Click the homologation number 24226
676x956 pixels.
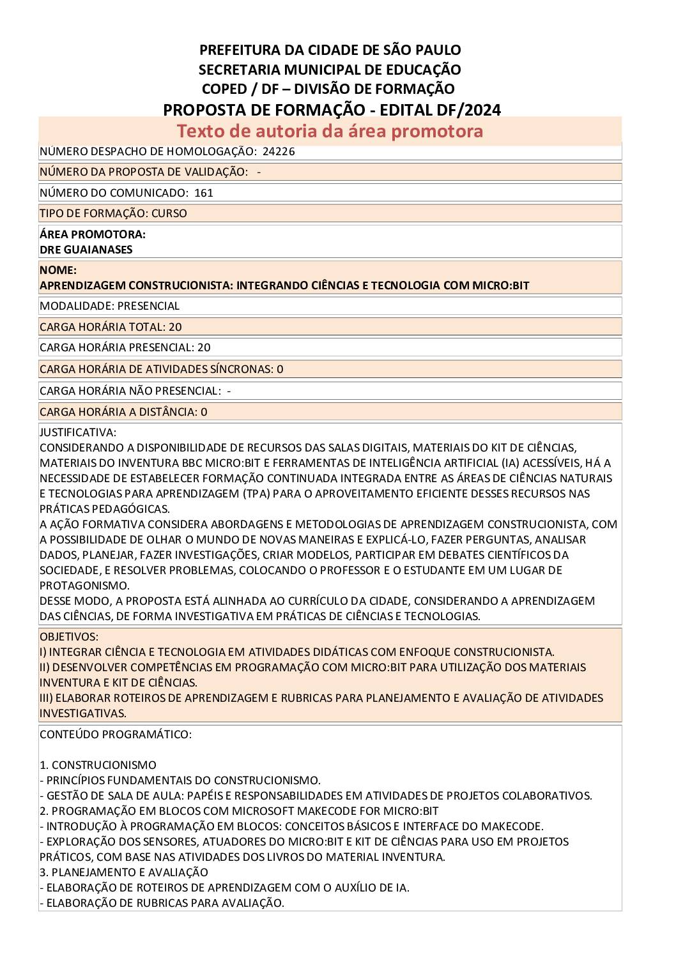pos(279,151)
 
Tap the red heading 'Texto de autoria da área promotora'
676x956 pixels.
pos(330,131)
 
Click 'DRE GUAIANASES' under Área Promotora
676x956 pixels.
pos(86,250)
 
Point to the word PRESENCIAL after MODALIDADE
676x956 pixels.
pos(148,306)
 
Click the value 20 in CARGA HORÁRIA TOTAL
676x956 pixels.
pos(175,327)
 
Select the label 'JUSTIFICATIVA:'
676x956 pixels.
pos(78,432)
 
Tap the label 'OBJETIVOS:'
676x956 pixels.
pos(69,637)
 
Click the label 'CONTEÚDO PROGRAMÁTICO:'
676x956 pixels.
pos(115,734)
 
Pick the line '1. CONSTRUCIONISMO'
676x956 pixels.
pos(98,765)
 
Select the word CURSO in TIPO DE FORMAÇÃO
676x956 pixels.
pos(169,213)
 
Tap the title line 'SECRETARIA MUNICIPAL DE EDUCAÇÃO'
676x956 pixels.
pos(330,70)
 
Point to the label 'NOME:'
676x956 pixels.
pos(58,270)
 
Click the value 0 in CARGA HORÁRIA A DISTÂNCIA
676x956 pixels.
pos(204,412)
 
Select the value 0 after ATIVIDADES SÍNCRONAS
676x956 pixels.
pos(280,369)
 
